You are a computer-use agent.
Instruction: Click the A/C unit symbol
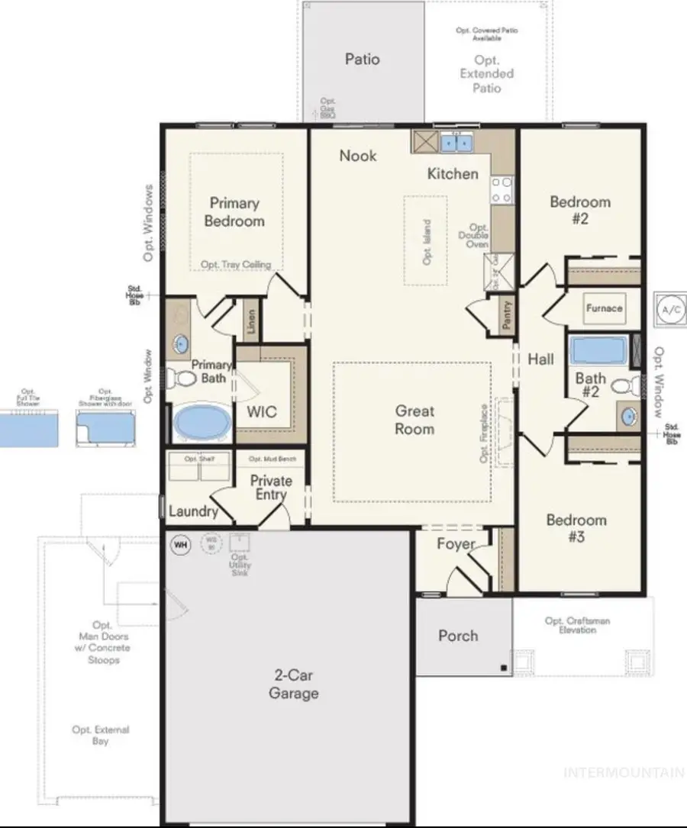[x=670, y=310]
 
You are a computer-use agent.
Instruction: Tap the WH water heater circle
[x=180, y=545]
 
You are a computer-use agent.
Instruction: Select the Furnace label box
[x=604, y=308]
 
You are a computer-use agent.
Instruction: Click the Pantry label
[x=507, y=314]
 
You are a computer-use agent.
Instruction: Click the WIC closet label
[x=262, y=411]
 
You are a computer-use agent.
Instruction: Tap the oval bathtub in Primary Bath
[x=201, y=423]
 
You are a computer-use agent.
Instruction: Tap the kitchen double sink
[x=454, y=142]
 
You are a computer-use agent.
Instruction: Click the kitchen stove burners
[x=501, y=189]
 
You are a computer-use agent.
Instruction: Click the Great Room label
[x=414, y=420]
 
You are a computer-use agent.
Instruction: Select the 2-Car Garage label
[x=294, y=684]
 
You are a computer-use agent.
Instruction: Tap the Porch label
[x=458, y=636]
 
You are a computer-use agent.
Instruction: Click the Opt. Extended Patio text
[x=486, y=74]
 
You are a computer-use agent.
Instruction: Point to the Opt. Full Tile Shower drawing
[x=28, y=427]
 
